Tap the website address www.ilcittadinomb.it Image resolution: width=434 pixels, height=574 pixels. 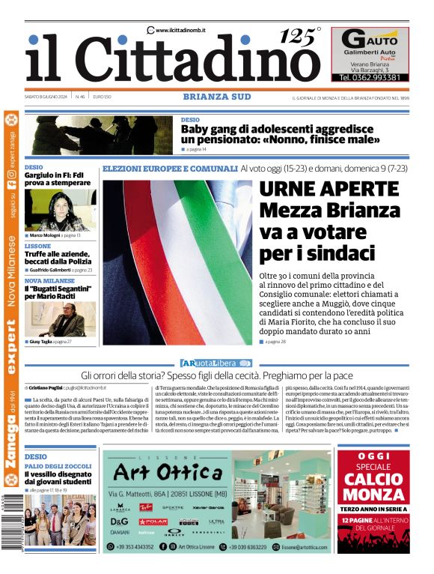click(180, 30)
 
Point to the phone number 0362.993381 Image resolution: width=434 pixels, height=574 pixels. click(370, 77)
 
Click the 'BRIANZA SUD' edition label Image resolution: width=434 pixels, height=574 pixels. click(216, 97)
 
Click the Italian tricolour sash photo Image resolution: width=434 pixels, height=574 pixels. click(177, 262)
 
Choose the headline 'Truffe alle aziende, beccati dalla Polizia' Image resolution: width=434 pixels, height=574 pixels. click(59, 259)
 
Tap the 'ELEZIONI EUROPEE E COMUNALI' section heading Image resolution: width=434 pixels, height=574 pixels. click(170, 169)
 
